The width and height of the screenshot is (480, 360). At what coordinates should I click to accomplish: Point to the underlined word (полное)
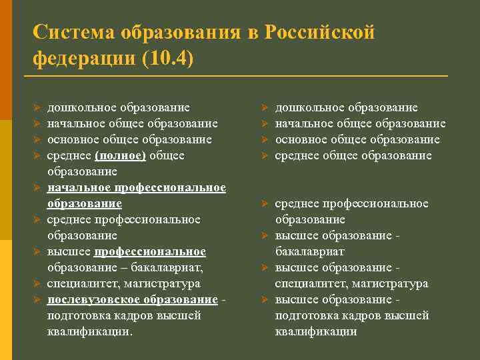coord(121,155)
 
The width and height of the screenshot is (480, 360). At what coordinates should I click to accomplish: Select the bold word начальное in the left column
coord(79,187)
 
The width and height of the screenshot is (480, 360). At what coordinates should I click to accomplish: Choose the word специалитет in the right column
coord(309,283)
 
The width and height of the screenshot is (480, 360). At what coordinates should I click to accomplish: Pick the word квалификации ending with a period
coord(89,331)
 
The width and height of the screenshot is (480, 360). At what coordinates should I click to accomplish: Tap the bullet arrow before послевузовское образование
coord(38,299)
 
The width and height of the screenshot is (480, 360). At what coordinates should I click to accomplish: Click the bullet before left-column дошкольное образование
coord(38,107)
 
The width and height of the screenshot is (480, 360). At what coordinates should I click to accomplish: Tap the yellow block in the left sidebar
coord(6,300)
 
